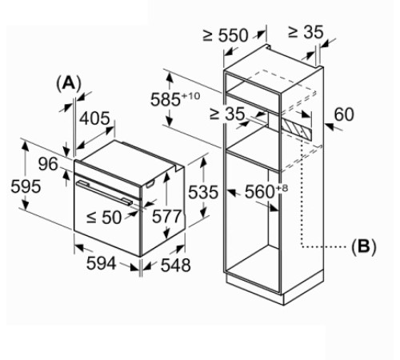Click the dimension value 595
[26, 186]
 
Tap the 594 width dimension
[102, 263]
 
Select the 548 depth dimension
[176, 265]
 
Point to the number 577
[166, 216]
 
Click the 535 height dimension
[203, 192]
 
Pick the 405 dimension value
[94, 118]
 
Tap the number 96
[48, 164]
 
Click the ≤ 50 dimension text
[104, 218]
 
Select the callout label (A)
[68, 84]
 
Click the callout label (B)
[363, 247]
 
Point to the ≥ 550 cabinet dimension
[226, 35]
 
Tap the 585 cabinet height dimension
[166, 100]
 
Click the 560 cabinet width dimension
[260, 192]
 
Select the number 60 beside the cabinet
[344, 114]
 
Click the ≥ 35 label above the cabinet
[306, 32]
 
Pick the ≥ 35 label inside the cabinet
[227, 114]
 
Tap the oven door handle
[104, 193]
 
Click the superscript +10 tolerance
[191, 96]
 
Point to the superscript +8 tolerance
[282, 188]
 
